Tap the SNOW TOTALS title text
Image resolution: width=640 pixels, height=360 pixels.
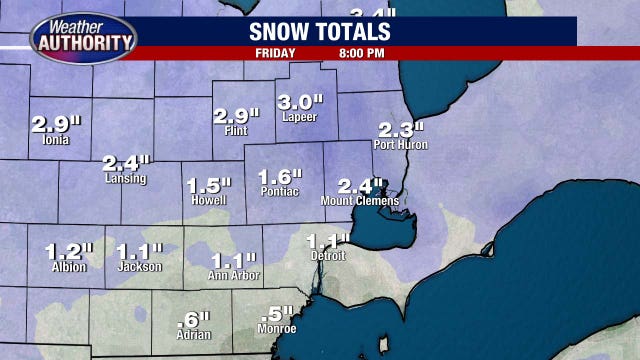coord(319,31)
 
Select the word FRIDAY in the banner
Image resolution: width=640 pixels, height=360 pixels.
coord(276,53)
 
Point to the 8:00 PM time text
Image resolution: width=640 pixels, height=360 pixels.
coord(363,53)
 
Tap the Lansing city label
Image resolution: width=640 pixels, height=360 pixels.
coord(125,179)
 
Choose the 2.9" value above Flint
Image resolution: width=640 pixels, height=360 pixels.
coord(235,116)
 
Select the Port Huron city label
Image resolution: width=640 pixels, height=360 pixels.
coord(400,145)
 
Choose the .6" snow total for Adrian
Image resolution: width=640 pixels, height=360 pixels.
coord(192,321)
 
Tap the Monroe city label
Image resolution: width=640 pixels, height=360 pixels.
coord(276,329)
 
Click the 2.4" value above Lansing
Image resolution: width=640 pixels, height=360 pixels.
coord(126,163)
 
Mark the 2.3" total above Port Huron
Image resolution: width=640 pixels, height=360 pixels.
coord(400,129)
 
